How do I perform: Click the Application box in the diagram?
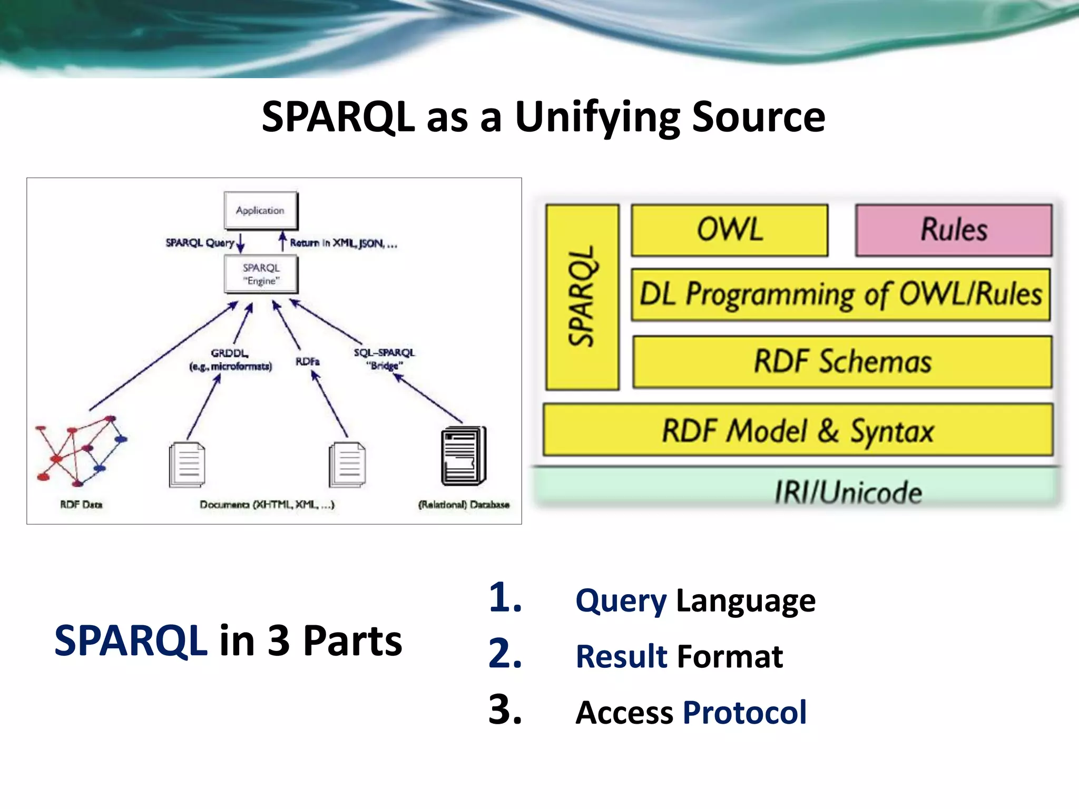pyautogui.click(x=260, y=211)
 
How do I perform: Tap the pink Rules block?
pyautogui.click(x=954, y=230)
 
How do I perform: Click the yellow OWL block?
pyautogui.click(x=730, y=230)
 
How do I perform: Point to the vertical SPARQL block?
pyautogui.click(x=582, y=297)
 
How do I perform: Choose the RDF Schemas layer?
pyautogui.click(x=842, y=362)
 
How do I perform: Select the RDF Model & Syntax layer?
pyautogui.click(x=798, y=430)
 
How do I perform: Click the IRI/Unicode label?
pyautogui.click(x=848, y=492)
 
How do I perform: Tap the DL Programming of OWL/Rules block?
pyautogui.click(x=840, y=294)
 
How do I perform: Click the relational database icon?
pyautogui.click(x=463, y=456)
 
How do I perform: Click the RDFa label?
pyautogui.click(x=307, y=361)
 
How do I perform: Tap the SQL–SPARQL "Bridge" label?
pyautogui.click(x=384, y=359)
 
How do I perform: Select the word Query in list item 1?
pyautogui.click(x=621, y=600)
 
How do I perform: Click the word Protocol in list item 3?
pyautogui.click(x=744, y=712)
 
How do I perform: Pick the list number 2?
pyautogui.click(x=505, y=654)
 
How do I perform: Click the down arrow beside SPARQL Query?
pyautogui.click(x=241, y=243)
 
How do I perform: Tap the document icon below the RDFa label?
pyautogui.click(x=347, y=465)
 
